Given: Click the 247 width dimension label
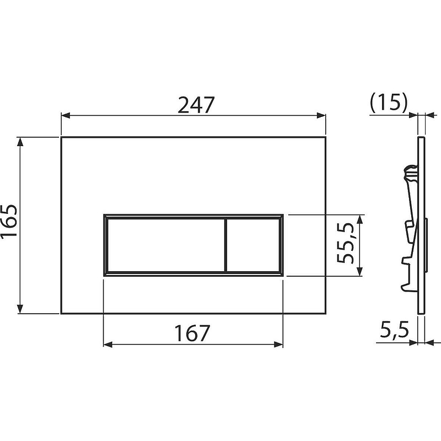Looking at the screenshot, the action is point(196,105).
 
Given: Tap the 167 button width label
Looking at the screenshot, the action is point(192,333).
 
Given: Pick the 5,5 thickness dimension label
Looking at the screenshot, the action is point(394,330).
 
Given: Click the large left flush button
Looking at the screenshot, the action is point(166,245).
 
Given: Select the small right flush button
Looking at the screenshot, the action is point(253,245).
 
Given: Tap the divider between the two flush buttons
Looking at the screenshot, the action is point(225,245).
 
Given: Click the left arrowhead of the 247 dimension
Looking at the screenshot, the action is point(66,115).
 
